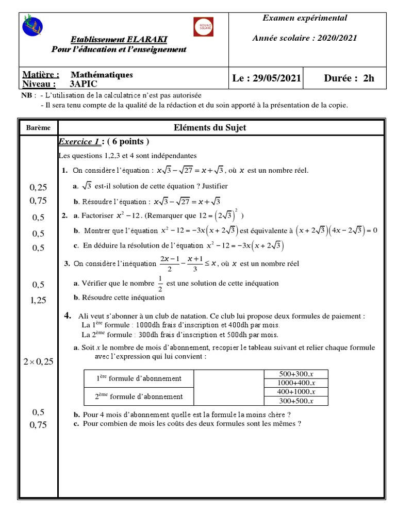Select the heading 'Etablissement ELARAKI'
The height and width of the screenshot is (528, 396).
(x=119, y=40)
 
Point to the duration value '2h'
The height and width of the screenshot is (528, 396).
(x=368, y=78)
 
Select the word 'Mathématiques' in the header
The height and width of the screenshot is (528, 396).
(x=102, y=75)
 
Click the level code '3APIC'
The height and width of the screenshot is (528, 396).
(x=82, y=84)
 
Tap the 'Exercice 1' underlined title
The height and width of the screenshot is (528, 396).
(x=79, y=142)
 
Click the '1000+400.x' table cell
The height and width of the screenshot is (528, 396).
(x=296, y=383)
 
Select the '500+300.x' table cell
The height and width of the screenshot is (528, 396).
(x=296, y=374)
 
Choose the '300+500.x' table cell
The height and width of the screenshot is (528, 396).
(x=296, y=401)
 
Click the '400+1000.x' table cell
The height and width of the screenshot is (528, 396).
(x=296, y=392)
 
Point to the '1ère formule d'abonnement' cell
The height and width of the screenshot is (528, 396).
(x=139, y=378)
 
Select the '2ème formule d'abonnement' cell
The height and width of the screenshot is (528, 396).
(x=139, y=397)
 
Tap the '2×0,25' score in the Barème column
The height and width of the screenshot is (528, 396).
(x=39, y=362)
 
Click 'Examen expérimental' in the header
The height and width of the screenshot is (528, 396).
(x=305, y=18)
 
